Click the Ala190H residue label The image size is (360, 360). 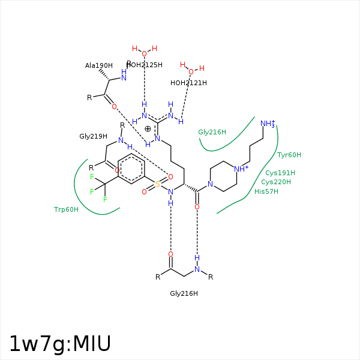click(99, 65)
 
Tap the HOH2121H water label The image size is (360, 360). click(188, 83)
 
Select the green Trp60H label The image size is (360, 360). click(66, 209)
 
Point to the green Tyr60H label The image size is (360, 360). click(289, 155)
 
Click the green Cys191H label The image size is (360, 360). click(280, 173)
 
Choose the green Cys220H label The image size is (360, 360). click(276, 182)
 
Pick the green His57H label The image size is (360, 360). click(266, 191)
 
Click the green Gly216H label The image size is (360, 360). click(212, 132)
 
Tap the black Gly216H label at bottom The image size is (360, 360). click(184, 293)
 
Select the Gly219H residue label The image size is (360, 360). click(93, 136)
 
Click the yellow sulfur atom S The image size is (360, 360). click(158, 185)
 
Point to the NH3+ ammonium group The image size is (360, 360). click(268, 124)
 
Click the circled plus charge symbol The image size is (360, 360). click(148, 128)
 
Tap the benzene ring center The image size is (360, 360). click(131, 169)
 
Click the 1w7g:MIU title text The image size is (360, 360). click(60, 344)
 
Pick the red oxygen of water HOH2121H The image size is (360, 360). click(191, 72)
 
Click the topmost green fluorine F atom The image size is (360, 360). click(92, 176)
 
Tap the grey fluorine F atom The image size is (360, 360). click(92, 192)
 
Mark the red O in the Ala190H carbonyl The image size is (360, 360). click(114, 107)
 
